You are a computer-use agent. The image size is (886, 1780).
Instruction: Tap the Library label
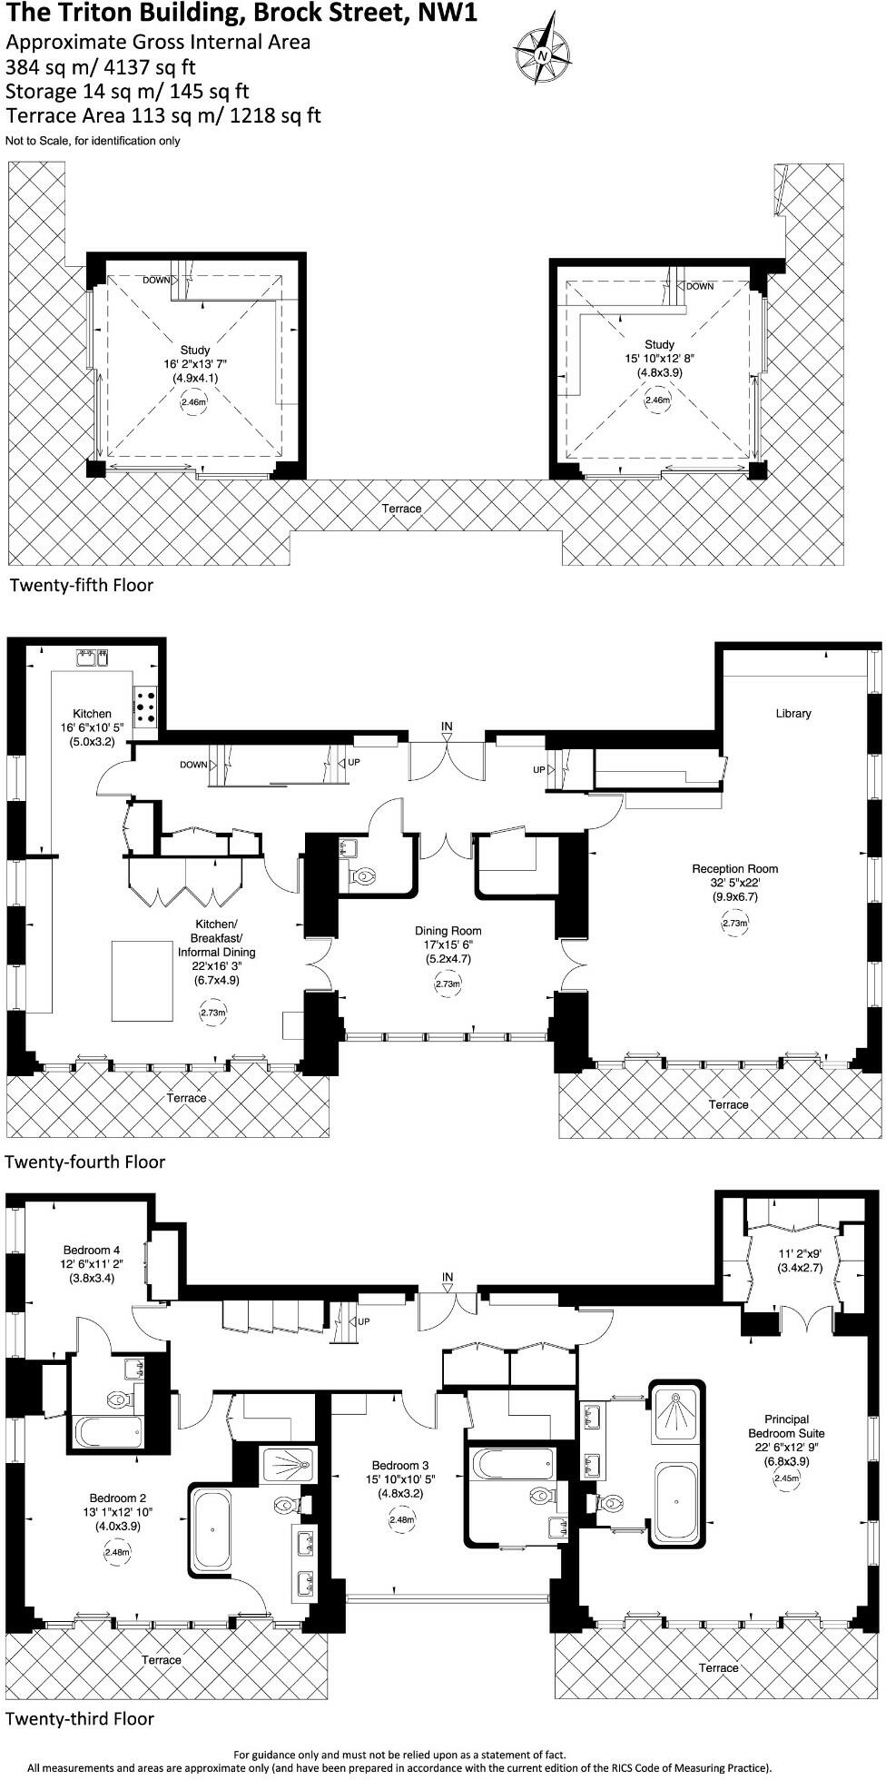(x=792, y=714)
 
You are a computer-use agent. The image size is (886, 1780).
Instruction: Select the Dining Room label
(x=448, y=931)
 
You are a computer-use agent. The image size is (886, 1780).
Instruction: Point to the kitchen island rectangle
(x=143, y=980)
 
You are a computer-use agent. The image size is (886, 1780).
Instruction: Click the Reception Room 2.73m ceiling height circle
(x=734, y=924)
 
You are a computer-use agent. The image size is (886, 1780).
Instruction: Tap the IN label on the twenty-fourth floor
(x=447, y=727)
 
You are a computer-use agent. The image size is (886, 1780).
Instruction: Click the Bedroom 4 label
(x=92, y=1250)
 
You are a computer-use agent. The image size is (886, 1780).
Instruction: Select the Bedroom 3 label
(x=399, y=1465)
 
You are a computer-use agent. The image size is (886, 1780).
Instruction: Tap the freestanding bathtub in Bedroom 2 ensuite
(x=213, y=1529)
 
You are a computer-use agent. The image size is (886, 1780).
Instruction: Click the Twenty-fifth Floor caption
(x=82, y=586)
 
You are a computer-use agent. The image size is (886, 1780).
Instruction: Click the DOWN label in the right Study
(x=699, y=286)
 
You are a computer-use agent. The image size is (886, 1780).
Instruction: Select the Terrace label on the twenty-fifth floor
(x=401, y=509)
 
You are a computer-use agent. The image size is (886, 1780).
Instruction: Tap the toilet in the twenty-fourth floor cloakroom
(x=363, y=877)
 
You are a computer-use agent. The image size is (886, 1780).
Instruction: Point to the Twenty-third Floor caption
(x=80, y=1718)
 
